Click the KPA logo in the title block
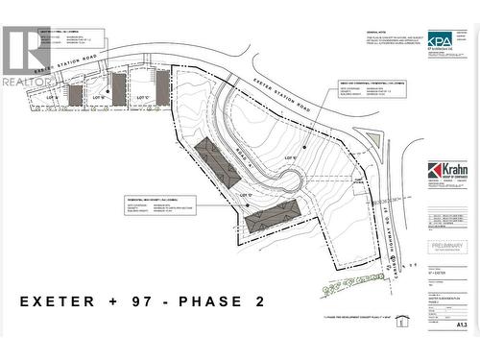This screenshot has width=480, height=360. point(441,42)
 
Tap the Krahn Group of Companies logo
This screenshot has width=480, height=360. point(448,176)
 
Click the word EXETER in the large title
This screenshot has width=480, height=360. point(58,301)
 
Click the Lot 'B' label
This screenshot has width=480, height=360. point(98,98)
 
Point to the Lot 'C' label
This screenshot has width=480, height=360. point(143,98)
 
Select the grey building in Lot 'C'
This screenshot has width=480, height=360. point(162,85)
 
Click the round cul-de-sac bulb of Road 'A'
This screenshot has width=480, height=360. point(287,180)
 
